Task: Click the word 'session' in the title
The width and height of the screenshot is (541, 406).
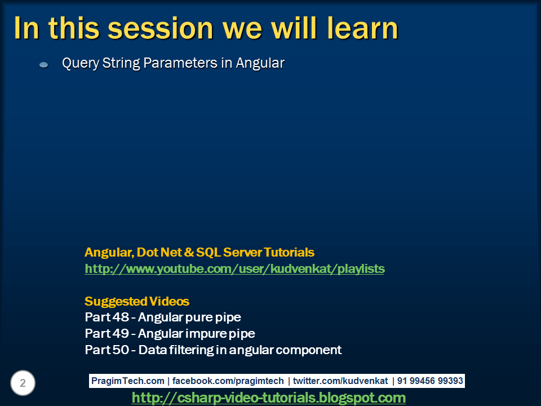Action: click(161, 28)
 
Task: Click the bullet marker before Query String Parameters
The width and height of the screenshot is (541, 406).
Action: click(44, 64)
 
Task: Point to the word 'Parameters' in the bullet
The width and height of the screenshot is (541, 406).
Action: click(180, 63)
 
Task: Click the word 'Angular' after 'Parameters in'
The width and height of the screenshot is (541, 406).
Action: click(260, 63)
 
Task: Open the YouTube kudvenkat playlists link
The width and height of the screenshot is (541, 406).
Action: click(234, 268)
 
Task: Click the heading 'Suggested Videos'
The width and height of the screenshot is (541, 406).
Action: click(137, 301)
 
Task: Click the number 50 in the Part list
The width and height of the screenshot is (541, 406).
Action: click(121, 350)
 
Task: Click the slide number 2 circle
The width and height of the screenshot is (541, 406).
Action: click(23, 383)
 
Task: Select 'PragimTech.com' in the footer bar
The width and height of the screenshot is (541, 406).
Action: click(128, 381)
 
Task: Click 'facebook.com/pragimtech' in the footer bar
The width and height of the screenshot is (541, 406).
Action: click(228, 381)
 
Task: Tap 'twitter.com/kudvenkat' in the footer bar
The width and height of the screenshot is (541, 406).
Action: click(340, 381)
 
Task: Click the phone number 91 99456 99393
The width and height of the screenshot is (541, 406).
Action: click(430, 381)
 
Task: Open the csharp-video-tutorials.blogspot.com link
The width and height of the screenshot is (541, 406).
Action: click(269, 398)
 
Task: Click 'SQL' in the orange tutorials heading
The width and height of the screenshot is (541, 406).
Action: click(208, 253)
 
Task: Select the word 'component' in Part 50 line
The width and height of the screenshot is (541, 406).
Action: click(309, 350)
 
